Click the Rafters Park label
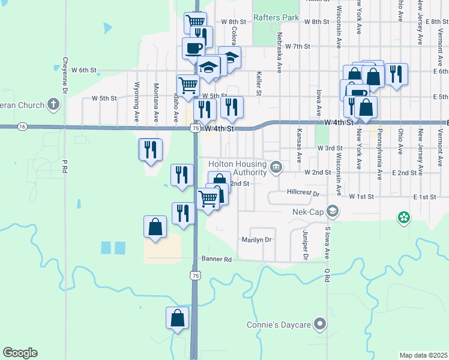[276, 17]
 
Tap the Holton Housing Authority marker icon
[276, 166]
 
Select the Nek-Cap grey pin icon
[333, 211]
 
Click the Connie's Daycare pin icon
[321, 325]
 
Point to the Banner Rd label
[220, 260]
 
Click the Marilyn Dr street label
[256, 239]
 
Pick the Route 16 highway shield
[22, 127]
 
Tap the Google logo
[20, 353]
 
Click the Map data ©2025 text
[423, 355]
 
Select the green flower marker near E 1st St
[404, 217]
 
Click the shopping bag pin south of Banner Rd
[178, 318]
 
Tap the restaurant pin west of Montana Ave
[150, 149]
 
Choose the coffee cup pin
[194, 48]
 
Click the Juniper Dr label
[306, 247]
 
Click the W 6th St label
[84, 70]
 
